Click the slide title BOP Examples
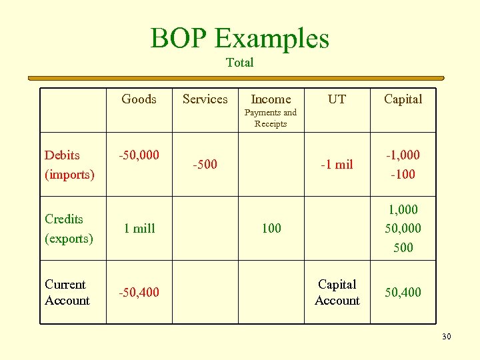pyautogui.click(x=240, y=38)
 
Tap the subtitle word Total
pyautogui.click(x=240, y=63)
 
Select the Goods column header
pyautogui.click(x=139, y=99)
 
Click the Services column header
pyautogui.click(x=205, y=99)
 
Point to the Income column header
pyautogui.click(x=271, y=99)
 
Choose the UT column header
pyautogui.click(x=337, y=99)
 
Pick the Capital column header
pyautogui.click(x=403, y=99)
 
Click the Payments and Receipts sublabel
pyautogui.click(x=271, y=118)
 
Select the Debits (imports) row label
pyautogui.click(x=69, y=165)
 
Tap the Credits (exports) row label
pyautogui.click(x=69, y=229)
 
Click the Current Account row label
pyautogui.click(x=67, y=293)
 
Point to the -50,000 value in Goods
pyautogui.click(x=139, y=155)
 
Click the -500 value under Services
pyautogui.click(x=205, y=164)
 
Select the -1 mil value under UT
pyautogui.click(x=337, y=164)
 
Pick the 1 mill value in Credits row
pyautogui.click(x=139, y=229)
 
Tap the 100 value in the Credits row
pyautogui.click(x=271, y=229)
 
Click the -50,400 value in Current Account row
pyautogui.click(x=139, y=292)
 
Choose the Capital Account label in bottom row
pyautogui.click(x=337, y=293)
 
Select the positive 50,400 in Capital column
pyautogui.click(x=403, y=292)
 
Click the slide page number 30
pyautogui.click(x=446, y=337)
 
